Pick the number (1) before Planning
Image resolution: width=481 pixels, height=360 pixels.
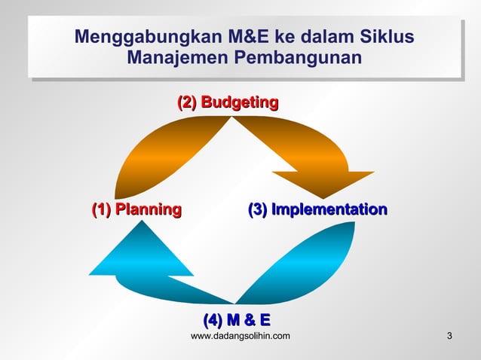[x=102, y=209]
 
